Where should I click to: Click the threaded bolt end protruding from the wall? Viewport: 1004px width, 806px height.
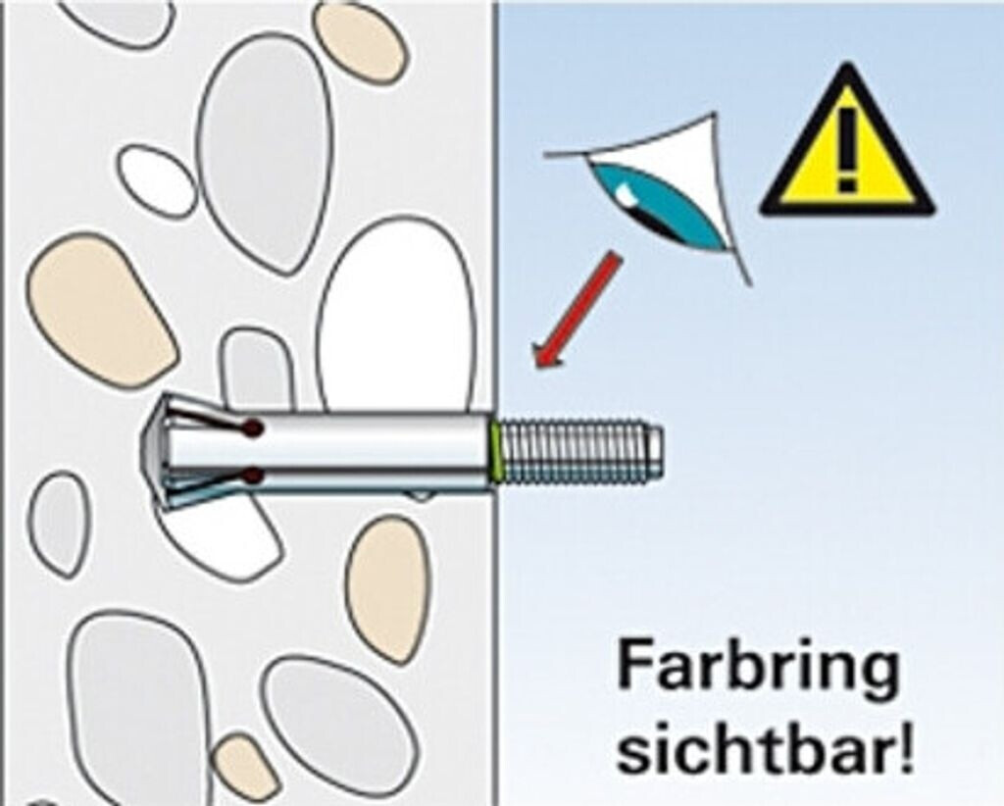click(583, 453)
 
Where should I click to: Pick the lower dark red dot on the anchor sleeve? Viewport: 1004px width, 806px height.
click(254, 477)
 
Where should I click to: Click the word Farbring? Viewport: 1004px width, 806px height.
click(758, 669)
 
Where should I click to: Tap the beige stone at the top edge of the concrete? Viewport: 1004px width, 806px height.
click(360, 41)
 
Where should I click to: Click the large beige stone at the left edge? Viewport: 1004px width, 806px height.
click(98, 309)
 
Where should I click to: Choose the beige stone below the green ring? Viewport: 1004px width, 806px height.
click(387, 588)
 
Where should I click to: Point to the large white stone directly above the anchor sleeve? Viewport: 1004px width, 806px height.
click(397, 314)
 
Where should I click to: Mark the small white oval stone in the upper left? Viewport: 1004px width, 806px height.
click(157, 181)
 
